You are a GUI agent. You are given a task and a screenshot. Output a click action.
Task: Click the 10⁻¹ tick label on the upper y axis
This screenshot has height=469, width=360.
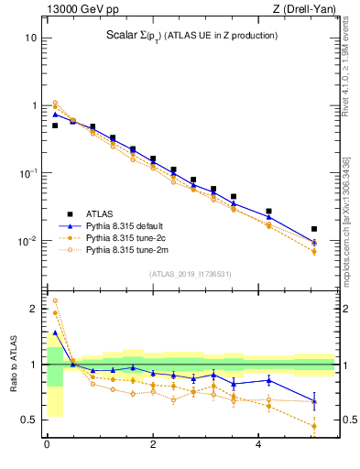[x=28, y=173]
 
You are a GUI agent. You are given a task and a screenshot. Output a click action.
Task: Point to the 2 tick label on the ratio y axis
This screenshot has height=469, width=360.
[x=33, y=310]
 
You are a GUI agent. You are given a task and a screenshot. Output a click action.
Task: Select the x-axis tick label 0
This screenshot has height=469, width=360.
[x=47, y=446]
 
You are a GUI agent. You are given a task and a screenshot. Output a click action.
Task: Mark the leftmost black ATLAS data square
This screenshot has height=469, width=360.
[x=55, y=125]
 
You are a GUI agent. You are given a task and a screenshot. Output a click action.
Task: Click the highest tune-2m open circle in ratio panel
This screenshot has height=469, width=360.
[x=55, y=300]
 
